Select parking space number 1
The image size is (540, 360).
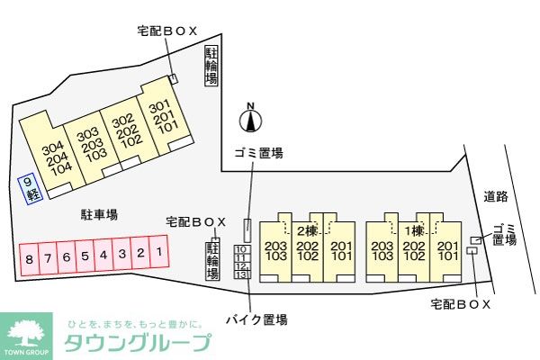point(158,255)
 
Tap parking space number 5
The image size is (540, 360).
point(85,257)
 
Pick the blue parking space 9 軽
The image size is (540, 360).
point(31,187)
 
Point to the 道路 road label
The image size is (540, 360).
point(495,196)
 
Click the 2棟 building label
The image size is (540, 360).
point(307,231)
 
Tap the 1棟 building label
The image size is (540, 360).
point(413,231)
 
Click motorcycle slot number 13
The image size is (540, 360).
point(241,275)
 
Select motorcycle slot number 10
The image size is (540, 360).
point(241,249)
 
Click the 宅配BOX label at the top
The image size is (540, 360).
point(166,31)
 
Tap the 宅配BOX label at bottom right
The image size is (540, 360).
point(461,304)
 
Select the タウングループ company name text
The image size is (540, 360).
point(139,343)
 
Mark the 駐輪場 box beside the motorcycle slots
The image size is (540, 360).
point(214,261)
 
